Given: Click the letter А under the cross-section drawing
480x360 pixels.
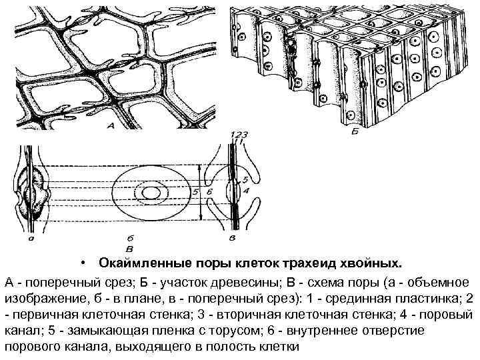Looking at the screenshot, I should (x=110, y=124).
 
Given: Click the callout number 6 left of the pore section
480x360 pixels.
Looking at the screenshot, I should (x=209, y=193).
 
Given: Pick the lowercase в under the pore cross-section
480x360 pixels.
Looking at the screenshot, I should (x=231, y=236).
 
